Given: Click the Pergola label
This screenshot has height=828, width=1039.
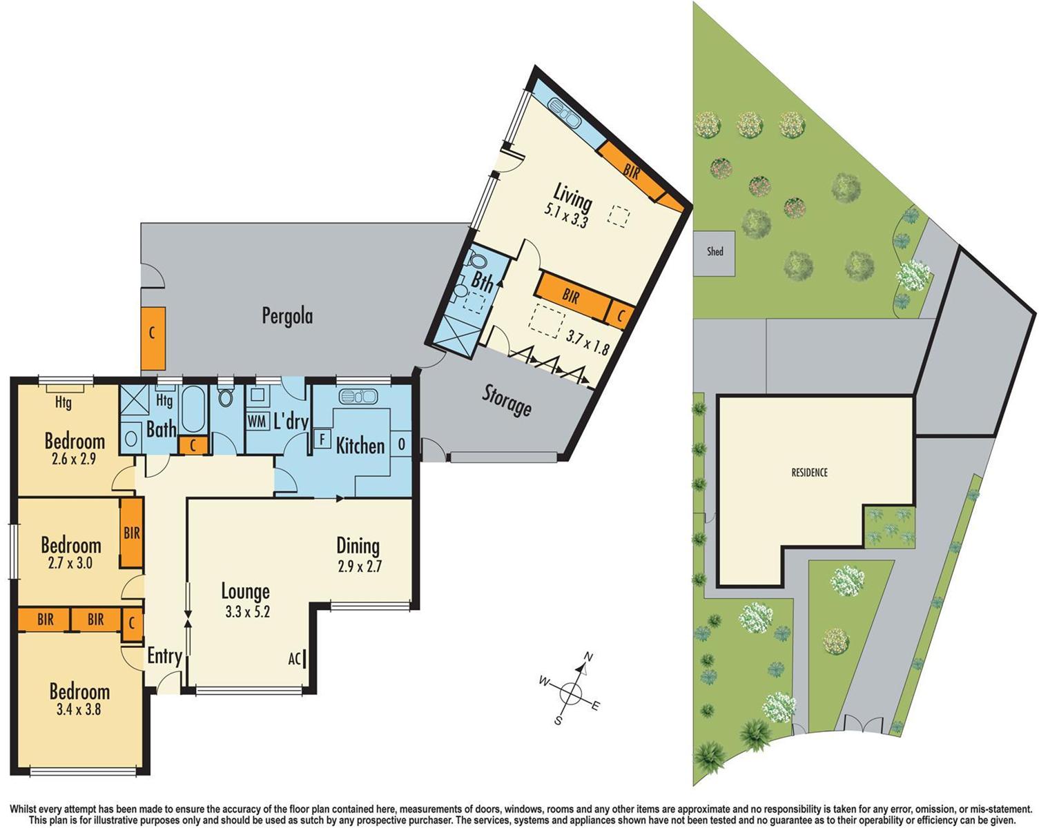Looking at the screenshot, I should click(287, 316).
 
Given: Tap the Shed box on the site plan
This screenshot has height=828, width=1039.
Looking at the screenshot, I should click(715, 252).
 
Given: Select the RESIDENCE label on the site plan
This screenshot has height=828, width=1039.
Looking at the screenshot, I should click(809, 473).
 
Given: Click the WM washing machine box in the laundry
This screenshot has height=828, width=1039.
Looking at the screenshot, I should click(257, 421).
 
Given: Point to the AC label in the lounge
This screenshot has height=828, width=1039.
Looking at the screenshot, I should click(295, 659).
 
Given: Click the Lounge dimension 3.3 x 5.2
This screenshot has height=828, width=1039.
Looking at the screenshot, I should click(246, 611).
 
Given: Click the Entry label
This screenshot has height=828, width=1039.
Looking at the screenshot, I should click(164, 655).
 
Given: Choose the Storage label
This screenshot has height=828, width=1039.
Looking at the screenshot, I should click(506, 401).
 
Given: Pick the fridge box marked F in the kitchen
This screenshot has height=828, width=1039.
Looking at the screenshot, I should click(321, 439).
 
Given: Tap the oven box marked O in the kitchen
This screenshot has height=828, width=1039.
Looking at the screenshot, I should click(401, 444).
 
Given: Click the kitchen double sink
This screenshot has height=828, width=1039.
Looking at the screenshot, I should click(358, 396).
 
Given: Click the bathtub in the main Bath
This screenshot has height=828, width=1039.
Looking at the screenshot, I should click(192, 408).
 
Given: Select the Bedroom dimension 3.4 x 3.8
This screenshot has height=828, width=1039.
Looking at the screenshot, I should click(79, 709).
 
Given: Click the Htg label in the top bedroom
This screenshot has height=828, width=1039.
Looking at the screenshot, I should click(63, 402).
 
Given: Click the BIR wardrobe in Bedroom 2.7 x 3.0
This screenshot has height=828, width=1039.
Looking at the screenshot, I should click(131, 533).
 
